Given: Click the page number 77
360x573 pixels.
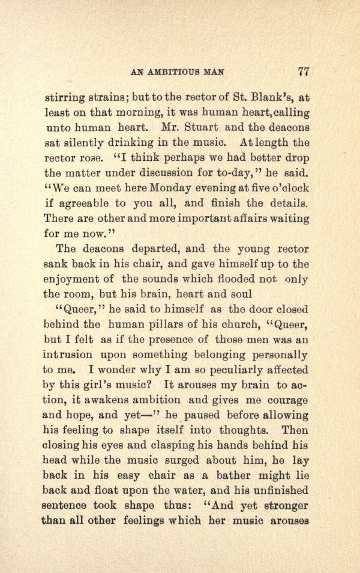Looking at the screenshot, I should tap(303, 72).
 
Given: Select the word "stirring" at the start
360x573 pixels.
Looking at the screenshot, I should tap(67, 96).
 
